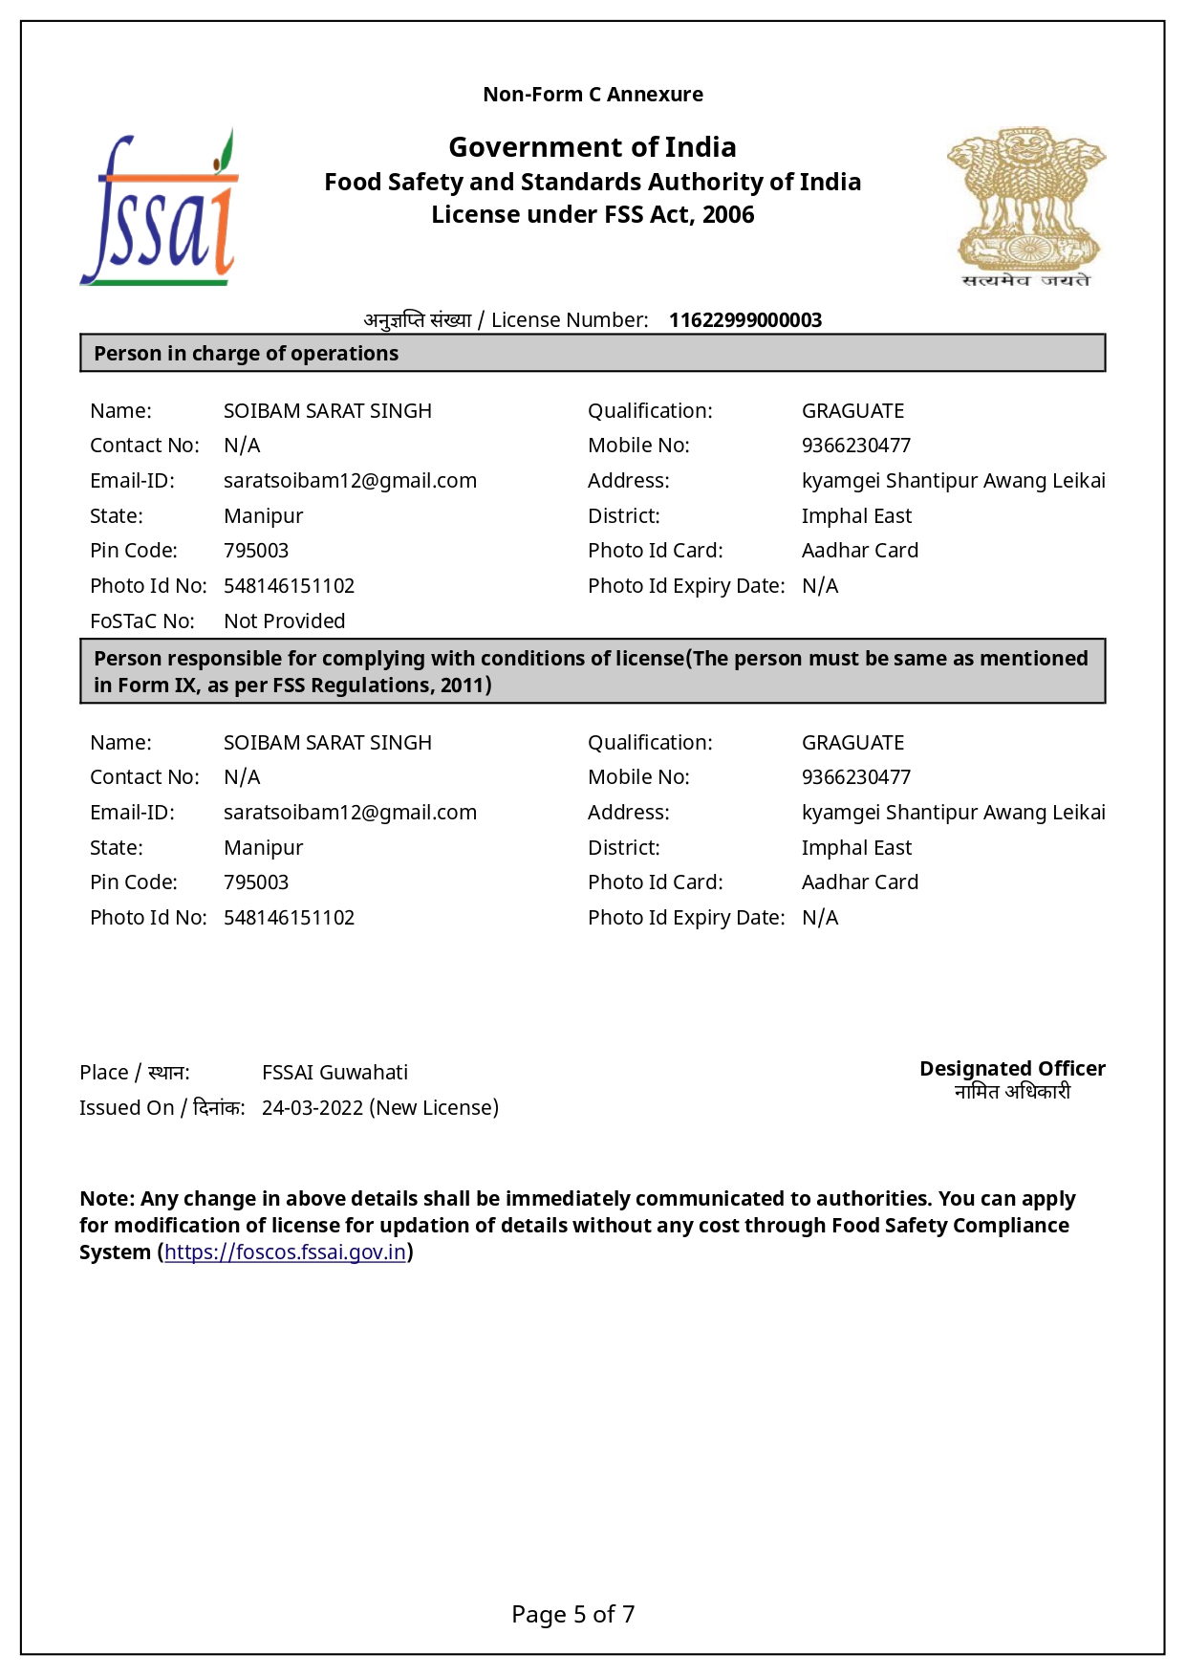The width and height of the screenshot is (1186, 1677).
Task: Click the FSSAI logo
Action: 159,208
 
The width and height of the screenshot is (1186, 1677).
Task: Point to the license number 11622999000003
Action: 744,320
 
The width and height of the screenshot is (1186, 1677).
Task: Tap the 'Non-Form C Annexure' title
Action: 593,95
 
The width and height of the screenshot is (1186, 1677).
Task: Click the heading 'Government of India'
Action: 593,147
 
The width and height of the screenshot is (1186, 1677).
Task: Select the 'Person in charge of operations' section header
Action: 246,354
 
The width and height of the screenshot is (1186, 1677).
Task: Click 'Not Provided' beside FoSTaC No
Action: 284,621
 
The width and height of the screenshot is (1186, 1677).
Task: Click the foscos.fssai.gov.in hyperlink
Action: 285,1252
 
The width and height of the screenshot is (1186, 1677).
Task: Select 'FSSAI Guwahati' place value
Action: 334,1073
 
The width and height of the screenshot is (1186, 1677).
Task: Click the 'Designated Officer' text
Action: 1012,1069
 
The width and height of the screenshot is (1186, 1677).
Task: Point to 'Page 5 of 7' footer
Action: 572,1615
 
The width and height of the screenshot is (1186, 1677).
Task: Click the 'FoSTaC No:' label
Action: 142,621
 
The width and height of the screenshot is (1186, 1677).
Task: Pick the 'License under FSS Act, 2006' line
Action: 593,215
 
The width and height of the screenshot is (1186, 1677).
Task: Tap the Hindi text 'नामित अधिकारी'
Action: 1012,1092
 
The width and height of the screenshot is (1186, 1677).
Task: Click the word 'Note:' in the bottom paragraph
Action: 107,1199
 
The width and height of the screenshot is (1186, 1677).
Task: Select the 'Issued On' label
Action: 126,1108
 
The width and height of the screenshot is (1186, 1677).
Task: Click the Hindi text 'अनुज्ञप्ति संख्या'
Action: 418,320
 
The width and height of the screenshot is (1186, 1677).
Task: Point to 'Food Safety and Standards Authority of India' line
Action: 593,182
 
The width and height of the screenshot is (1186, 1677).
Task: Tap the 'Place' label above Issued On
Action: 103,1073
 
